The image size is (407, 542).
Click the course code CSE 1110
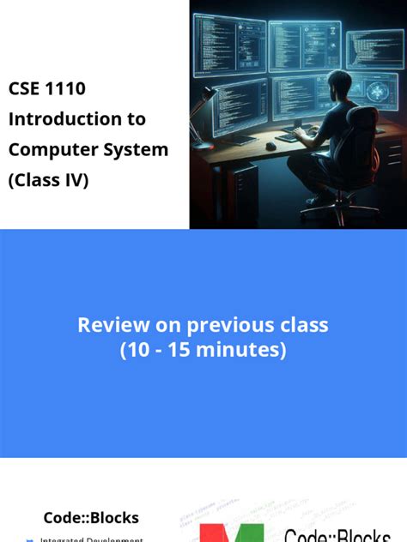(47, 88)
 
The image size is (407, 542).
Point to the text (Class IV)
(49, 180)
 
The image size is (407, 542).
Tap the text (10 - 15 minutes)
(203, 350)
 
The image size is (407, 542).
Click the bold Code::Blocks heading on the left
(91, 518)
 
